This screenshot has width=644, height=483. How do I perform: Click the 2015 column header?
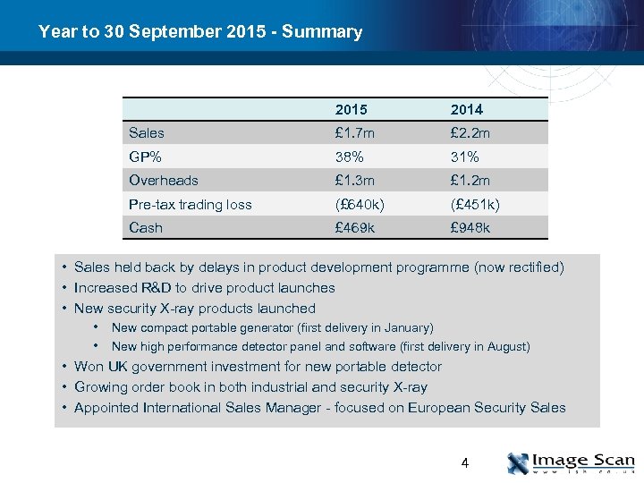[x=351, y=109]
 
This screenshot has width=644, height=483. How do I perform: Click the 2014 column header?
[x=466, y=109]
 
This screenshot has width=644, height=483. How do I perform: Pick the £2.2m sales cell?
[x=470, y=133]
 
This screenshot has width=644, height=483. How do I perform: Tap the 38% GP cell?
[x=350, y=157]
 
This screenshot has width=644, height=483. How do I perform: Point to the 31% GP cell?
[x=465, y=157]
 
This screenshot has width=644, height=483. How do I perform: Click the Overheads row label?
[x=164, y=181]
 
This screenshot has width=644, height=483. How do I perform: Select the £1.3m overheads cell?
[x=356, y=181]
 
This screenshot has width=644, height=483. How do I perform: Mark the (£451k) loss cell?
[x=475, y=205]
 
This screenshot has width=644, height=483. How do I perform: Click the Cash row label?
[x=146, y=228]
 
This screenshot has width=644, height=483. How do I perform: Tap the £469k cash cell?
[x=356, y=228]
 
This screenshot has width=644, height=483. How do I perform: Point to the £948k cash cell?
[x=470, y=228]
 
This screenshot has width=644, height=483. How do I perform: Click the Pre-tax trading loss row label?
[x=191, y=205]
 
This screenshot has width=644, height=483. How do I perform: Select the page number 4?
[x=464, y=462]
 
